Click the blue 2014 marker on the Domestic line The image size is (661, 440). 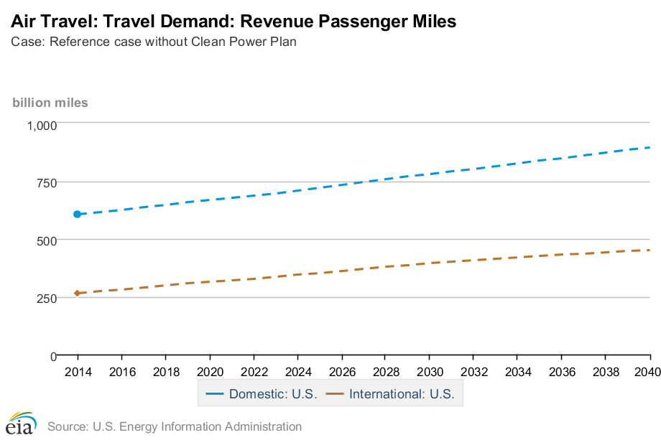(77, 214)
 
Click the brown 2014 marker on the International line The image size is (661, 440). (77, 293)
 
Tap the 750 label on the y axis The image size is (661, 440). (47, 182)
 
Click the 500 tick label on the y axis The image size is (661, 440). (47, 240)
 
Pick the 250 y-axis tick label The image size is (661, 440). (47, 298)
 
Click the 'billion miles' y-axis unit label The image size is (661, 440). (50, 103)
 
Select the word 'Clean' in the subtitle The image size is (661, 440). (207, 42)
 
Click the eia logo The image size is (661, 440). (21, 423)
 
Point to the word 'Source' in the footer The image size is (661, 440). (66, 426)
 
